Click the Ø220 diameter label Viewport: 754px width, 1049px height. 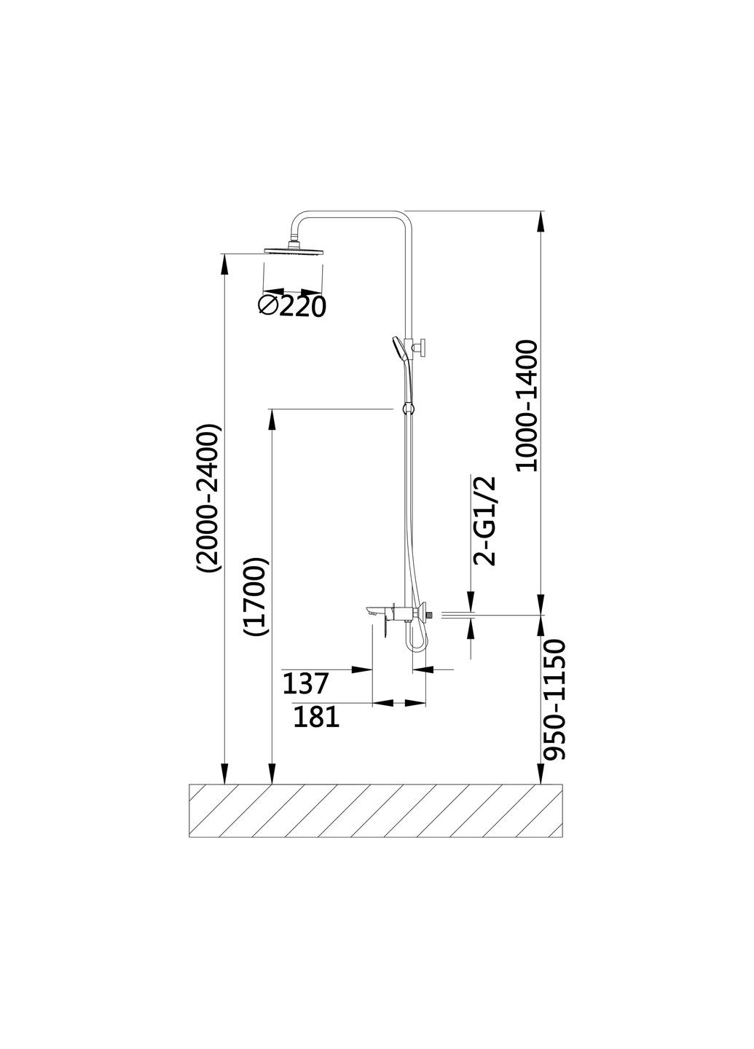tap(291, 307)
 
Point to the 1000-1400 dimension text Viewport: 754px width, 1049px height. tap(527, 406)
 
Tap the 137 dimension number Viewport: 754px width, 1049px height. tap(305, 683)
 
